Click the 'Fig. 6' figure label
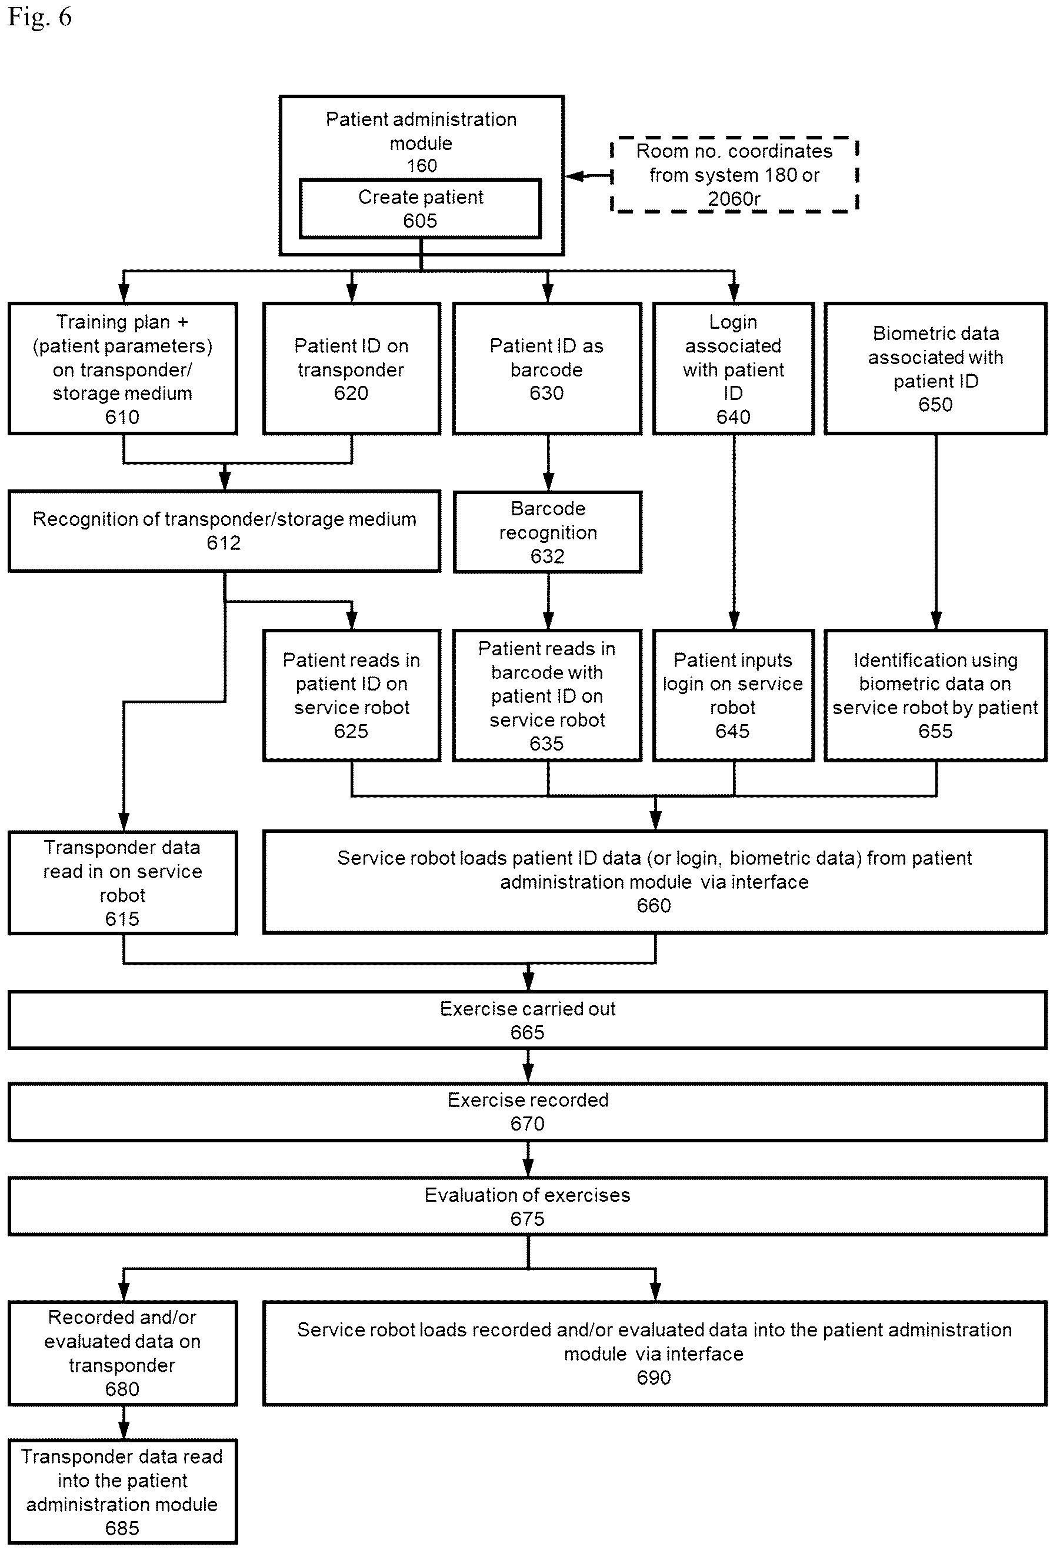(x=39, y=16)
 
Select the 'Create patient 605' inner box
(x=420, y=208)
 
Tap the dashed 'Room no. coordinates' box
(x=734, y=175)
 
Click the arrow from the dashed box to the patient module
(x=589, y=176)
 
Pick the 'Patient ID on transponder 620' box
(x=352, y=368)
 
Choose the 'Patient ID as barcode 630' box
(x=546, y=368)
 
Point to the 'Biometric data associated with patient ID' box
(x=935, y=368)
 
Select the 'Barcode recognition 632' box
(x=548, y=532)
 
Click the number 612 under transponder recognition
(x=224, y=543)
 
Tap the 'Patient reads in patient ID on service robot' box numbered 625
(x=352, y=695)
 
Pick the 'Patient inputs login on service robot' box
(x=734, y=695)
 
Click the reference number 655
(x=935, y=731)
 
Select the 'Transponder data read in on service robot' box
(x=122, y=882)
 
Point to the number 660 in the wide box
(x=654, y=906)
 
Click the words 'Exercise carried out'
(x=527, y=1009)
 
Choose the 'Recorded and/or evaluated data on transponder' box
(x=122, y=1353)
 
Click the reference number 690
(x=654, y=1378)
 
